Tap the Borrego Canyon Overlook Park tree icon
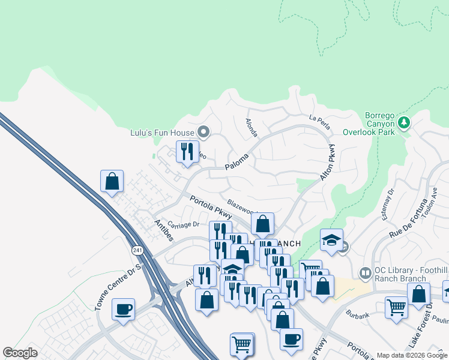pos(404,122)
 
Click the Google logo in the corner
pos(20,353)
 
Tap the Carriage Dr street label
pos(183,224)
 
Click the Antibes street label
pos(163,231)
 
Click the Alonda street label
pos(252,127)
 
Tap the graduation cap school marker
pos(331,239)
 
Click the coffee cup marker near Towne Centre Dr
pos(123,309)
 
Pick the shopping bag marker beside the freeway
pos(112,181)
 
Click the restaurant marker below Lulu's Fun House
pos(187,151)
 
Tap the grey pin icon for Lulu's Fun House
pos(203,132)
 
